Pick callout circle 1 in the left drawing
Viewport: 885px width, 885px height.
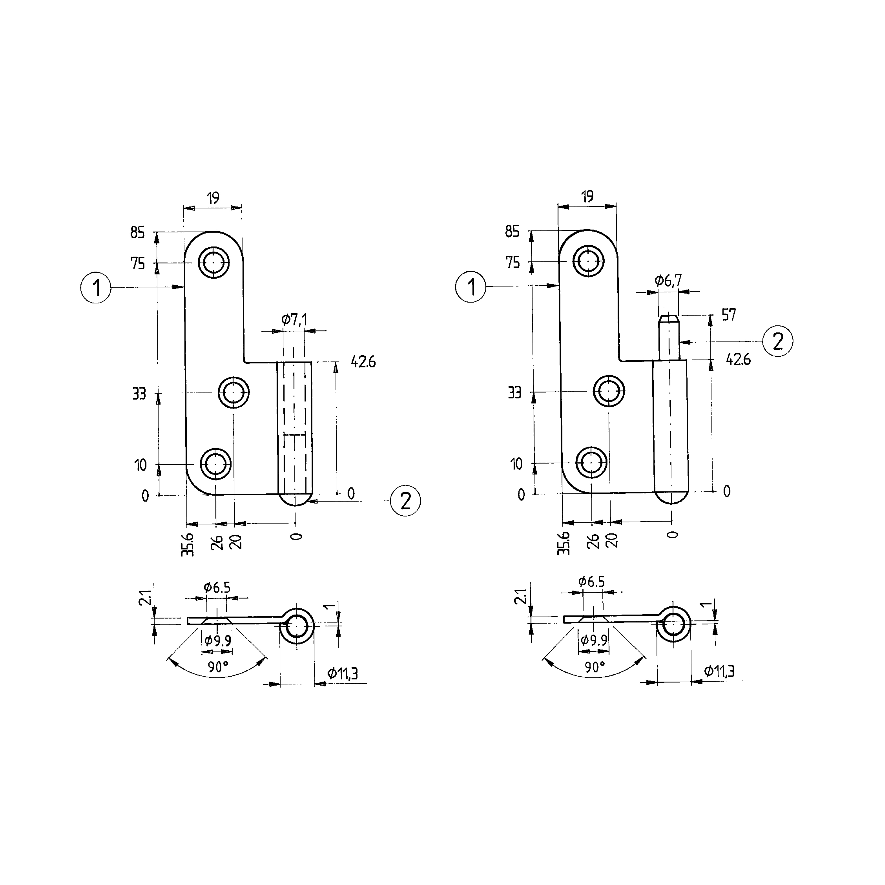(x=96, y=288)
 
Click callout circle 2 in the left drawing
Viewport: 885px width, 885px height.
(x=405, y=501)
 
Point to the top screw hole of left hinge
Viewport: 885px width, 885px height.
(x=214, y=262)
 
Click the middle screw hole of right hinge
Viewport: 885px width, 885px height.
(x=609, y=391)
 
